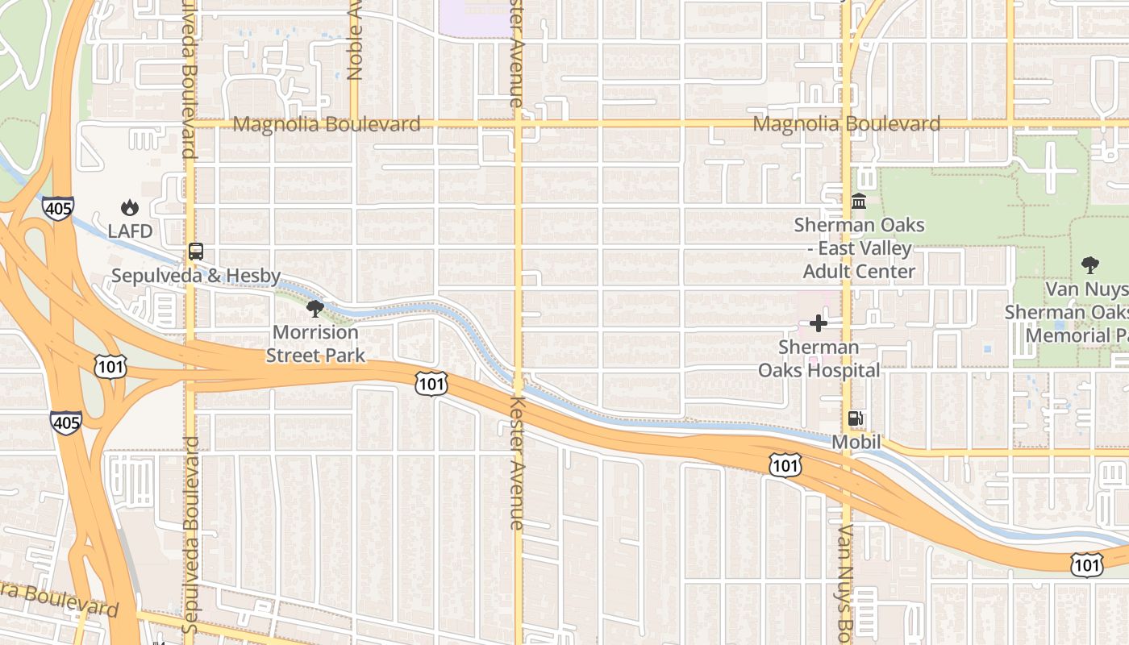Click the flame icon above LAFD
pos(130,208)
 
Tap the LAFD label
pos(130,231)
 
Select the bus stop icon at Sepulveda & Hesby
pos(195,252)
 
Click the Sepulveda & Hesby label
pos(196,276)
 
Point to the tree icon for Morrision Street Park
pos(315,309)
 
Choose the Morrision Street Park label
pos(315,343)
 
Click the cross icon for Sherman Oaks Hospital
pos(819,323)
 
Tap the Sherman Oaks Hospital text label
pos(819,359)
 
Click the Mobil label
pos(856,442)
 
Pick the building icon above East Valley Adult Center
pos(859,201)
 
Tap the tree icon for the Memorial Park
pos(1089,264)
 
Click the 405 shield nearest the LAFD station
pos(58,208)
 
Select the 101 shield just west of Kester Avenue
pos(431,383)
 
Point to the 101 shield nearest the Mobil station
pos(785,464)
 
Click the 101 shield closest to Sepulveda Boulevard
pos(109,367)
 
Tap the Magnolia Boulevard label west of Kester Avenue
pos(327,124)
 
